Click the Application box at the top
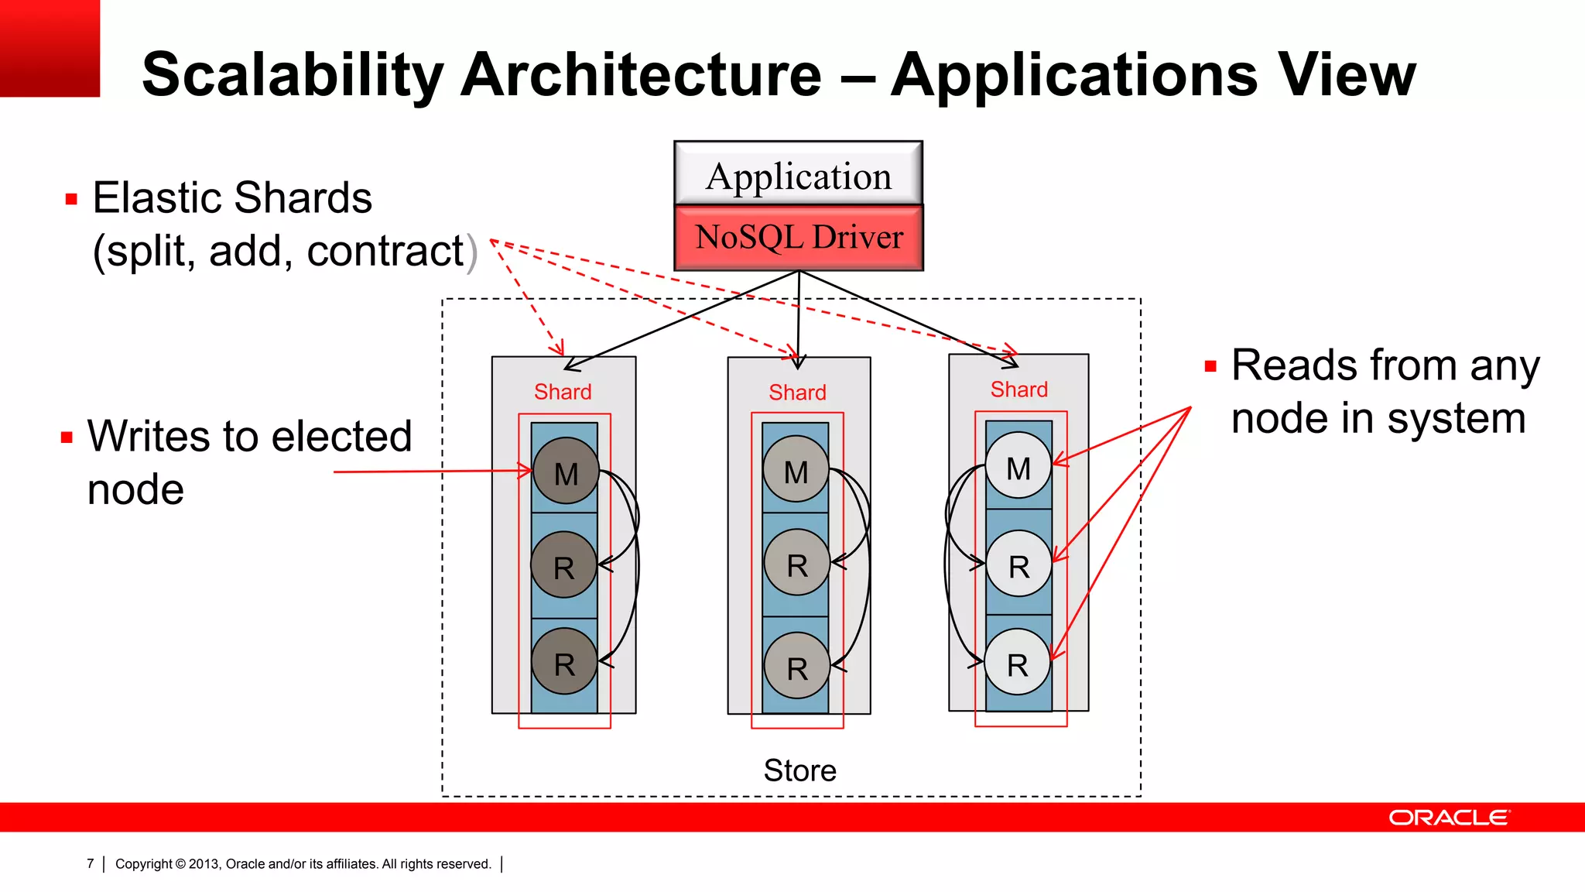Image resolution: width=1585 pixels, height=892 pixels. pyautogui.click(x=798, y=174)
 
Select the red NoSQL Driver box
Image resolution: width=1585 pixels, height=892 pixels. pyautogui.click(x=798, y=237)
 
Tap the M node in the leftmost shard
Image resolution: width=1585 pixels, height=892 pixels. pyautogui.click(x=566, y=472)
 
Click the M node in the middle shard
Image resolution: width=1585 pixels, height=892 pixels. pyautogui.click(x=796, y=469)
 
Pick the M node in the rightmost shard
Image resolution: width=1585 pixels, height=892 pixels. pyautogui.click(x=1018, y=466)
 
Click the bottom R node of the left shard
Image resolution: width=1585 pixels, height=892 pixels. pyautogui.click(x=564, y=662)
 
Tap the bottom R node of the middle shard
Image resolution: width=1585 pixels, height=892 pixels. pyautogui.click(x=796, y=666)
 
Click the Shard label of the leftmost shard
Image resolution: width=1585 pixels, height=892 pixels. pyautogui.click(x=563, y=392)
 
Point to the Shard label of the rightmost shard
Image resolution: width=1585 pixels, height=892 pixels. pyautogui.click(x=1018, y=389)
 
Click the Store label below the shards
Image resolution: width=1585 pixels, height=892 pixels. pyautogui.click(x=799, y=770)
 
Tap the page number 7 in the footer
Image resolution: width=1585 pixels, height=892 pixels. pyautogui.click(x=91, y=863)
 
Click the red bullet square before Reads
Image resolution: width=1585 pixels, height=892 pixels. pyautogui.click(x=1210, y=367)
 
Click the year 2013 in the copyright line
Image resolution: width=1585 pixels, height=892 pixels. pyautogui.click(x=204, y=864)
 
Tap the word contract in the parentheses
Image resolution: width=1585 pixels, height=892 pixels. pyautogui.click(x=385, y=251)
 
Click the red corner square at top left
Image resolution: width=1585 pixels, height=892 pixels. pyautogui.click(x=50, y=48)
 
